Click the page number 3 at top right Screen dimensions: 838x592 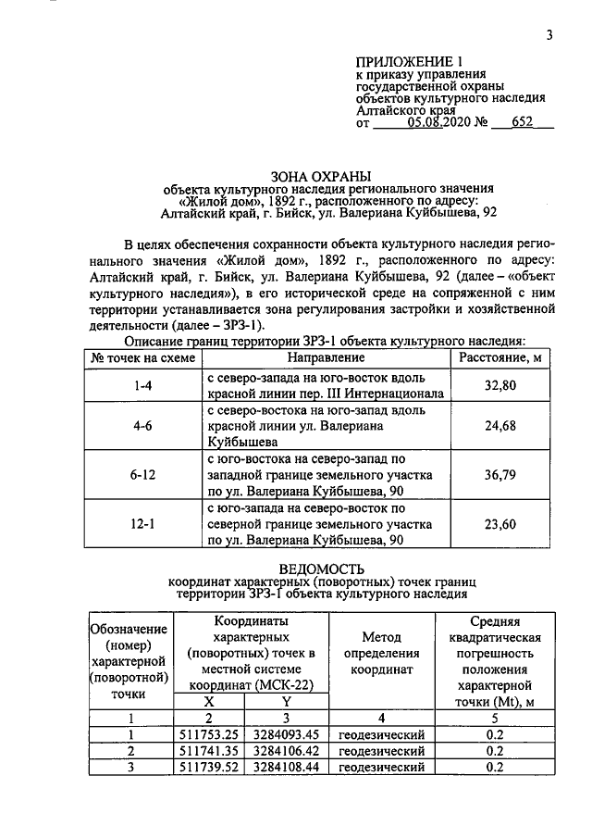tap(549, 36)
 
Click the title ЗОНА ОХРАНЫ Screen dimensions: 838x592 tap(319, 175)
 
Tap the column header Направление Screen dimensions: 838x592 tap(325, 357)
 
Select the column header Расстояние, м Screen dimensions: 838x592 tap(499, 357)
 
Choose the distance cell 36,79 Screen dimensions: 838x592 tap(499, 475)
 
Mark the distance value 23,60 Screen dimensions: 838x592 tap(499, 523)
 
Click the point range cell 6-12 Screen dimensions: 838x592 tap(142, 475)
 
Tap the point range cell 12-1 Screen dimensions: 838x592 tap(142, 523)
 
